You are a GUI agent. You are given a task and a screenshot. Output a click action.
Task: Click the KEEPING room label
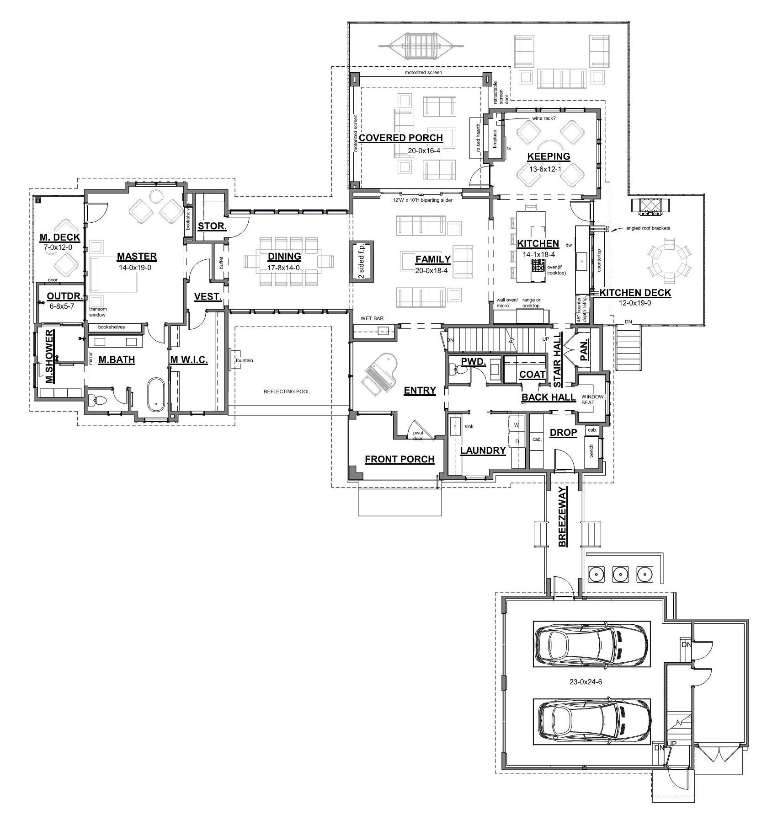549,156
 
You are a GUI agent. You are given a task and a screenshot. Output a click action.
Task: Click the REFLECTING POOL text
287,391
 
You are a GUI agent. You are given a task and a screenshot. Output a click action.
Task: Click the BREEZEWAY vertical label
563,517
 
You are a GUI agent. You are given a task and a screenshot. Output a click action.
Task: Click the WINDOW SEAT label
592,399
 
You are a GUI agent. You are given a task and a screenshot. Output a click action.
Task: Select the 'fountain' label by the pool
244,360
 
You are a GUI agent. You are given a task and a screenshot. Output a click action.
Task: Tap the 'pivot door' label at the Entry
418,435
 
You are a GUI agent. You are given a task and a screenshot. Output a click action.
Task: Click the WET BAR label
372,318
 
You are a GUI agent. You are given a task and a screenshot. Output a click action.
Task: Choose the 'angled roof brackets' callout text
648,228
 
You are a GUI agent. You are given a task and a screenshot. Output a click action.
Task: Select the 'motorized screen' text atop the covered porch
423,72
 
